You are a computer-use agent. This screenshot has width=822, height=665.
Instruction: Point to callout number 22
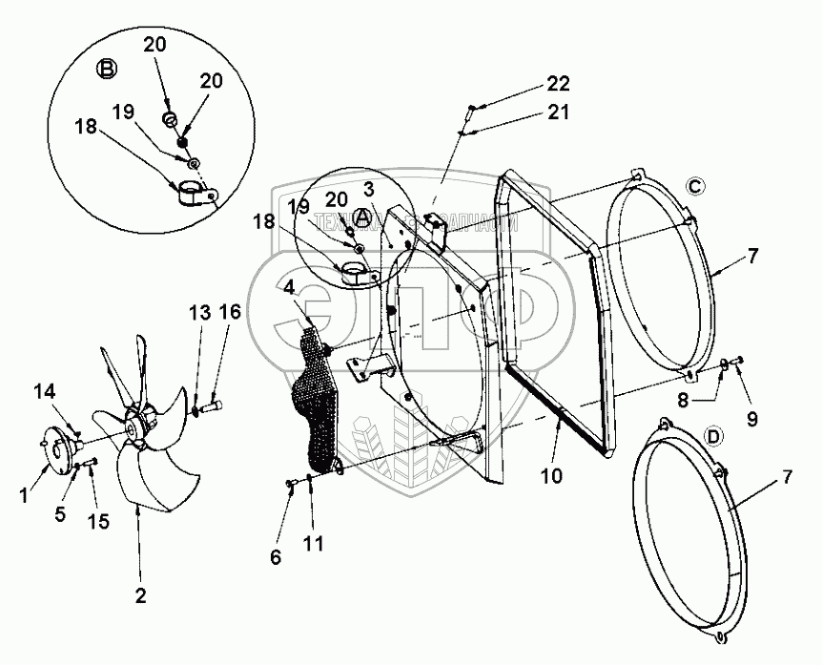[558, 82]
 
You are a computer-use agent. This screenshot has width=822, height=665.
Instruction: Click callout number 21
[558, 113]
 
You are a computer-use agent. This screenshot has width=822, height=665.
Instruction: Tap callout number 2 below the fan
[140, 596]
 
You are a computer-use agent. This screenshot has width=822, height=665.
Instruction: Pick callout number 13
[197, 312]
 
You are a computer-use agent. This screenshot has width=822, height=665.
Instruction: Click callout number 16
[230, 312]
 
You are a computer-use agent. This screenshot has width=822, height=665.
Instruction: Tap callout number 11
[313, 545]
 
